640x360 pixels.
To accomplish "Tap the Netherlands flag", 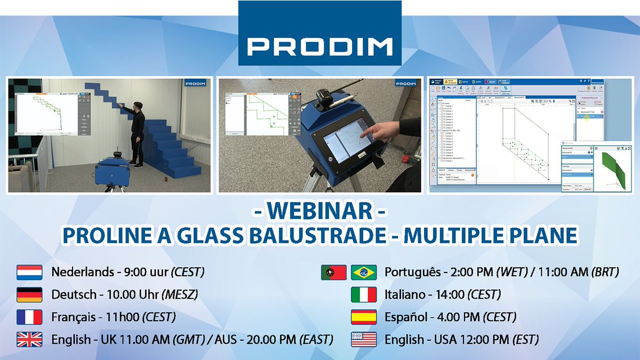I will (29, 273).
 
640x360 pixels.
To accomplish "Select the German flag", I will (29, 295).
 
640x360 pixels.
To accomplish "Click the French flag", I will (29, 317).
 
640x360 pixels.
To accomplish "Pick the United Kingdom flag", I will (29, 340).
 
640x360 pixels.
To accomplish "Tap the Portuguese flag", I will (334, 273).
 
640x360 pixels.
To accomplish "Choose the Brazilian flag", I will (364, 273).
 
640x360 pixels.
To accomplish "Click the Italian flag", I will (364, 295).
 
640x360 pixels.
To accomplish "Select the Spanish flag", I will (364, 317).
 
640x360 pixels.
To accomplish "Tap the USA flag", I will (364, 340).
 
